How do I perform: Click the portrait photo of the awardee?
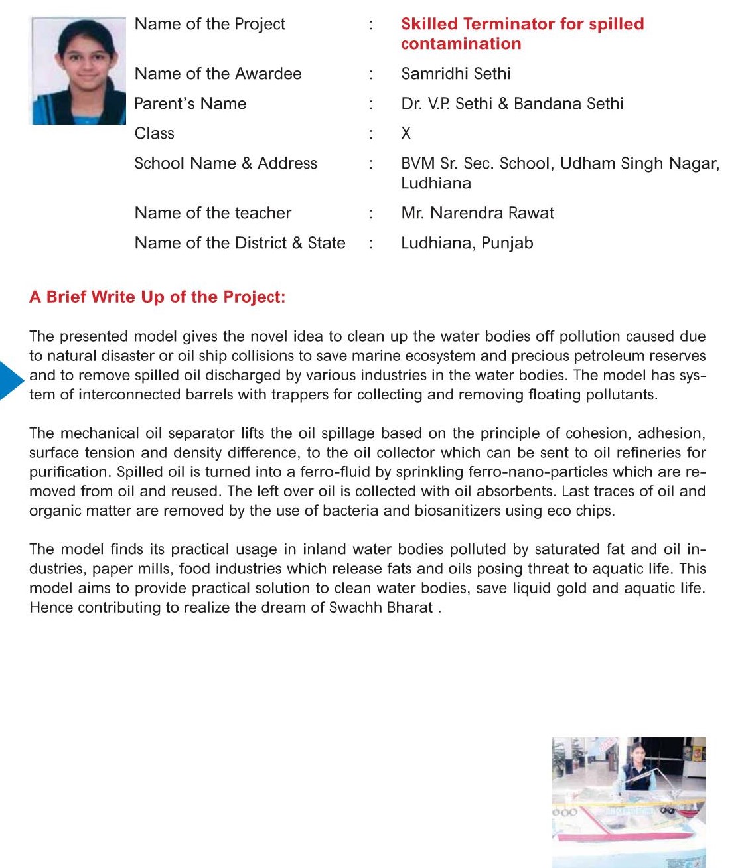[x=78, y=71]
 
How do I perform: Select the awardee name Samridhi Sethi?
[x=456, y=74]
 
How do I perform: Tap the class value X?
[x=406, y=133]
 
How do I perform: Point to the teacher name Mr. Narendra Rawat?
[x=477, y=213]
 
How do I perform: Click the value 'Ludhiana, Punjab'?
[x=467, y=243]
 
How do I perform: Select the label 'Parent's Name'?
[x=190, y=104]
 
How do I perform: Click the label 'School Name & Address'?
[x=226, y=163]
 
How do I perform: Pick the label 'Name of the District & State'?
[x=240, y=243]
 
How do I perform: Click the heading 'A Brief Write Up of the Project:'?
[x=157, y=297]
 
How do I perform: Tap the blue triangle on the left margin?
[x=11, y=380]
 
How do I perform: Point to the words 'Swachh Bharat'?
[x=381, y=607]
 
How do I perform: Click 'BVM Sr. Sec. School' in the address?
[x=476, y=163]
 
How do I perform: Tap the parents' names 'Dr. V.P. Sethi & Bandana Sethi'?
[x=512, y=104]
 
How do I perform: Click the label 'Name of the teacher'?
[x=213, y=213]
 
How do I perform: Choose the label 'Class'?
[x=155, y=133]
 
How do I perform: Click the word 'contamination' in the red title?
[x=461, y=44]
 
